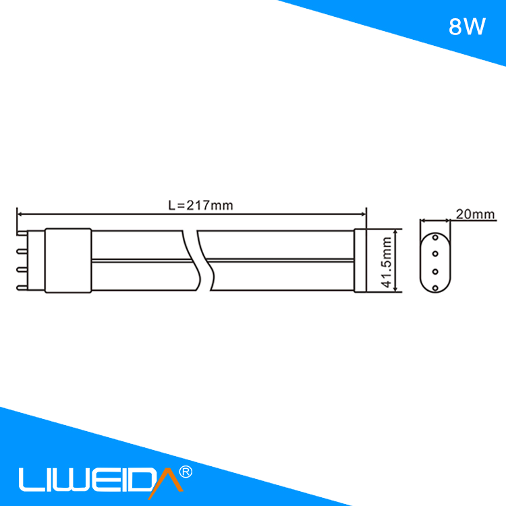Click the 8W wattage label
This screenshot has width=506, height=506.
pos(467,27)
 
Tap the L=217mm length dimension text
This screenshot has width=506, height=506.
pos(200,205)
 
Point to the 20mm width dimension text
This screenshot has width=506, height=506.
pos(475,215)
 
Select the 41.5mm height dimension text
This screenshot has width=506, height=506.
pos(387,262)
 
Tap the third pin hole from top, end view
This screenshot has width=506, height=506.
pos(435,271)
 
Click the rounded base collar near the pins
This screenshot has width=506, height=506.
pos(67,261)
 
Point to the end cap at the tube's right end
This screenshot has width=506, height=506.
pos(360,261)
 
